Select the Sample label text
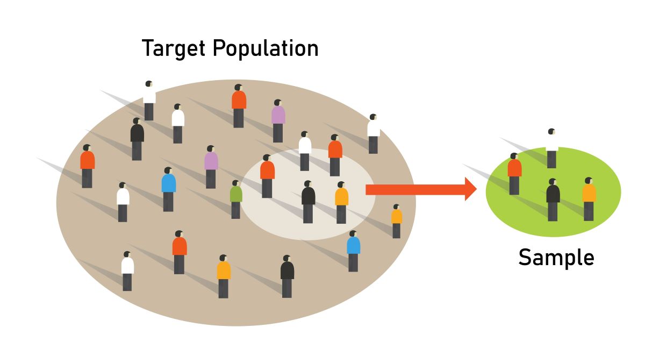click(556, 258)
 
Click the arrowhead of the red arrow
click(470, 189)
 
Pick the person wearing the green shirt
click(235, 199)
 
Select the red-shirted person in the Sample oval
click(514, 173)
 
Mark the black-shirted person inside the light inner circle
click(308, 201)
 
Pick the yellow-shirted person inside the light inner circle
click(341, 202)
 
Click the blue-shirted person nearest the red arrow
click(353, 250)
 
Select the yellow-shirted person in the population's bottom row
click(224, 275)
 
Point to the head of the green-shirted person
click(235, 183)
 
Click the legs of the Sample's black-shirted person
click(553, 211)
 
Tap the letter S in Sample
click(525, 258)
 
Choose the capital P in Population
click(220, 48)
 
